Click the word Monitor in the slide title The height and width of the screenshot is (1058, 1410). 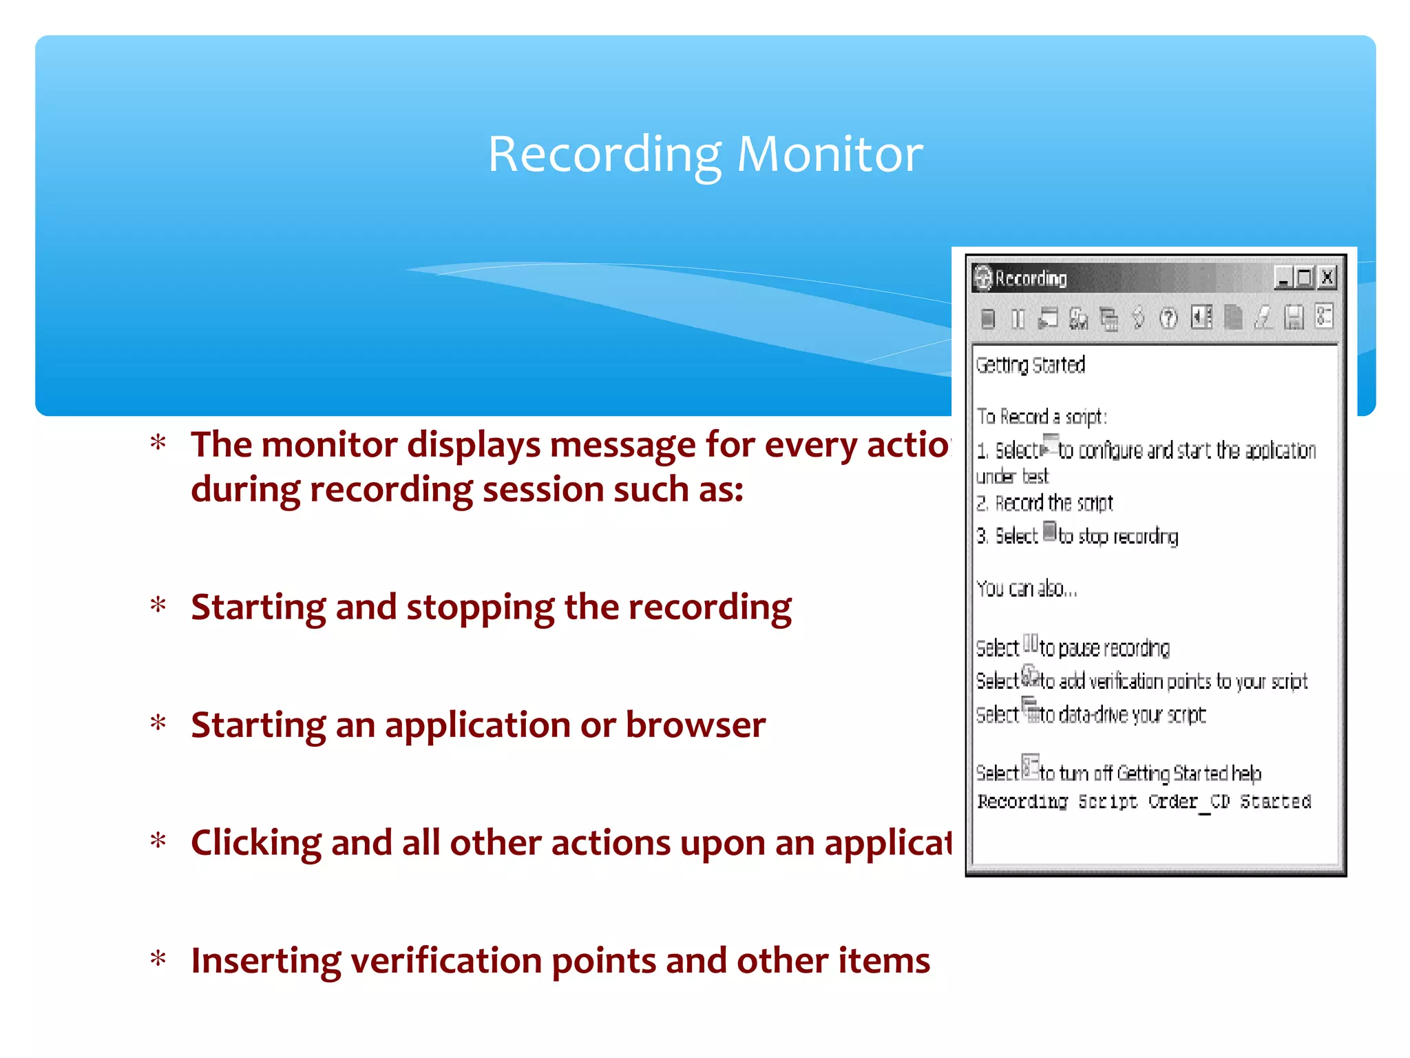pyautogui.click(x=830, y=154)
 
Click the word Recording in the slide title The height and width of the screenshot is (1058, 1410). pyautogui.click(x=604, y=155)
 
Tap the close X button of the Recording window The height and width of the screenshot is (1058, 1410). pyautogui.click(x=1327, y=278)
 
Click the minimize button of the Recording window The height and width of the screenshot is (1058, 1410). pyautogui.click(x=1283, y=278)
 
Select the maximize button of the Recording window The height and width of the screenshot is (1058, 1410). pyautogui.click(x=1305, y=278)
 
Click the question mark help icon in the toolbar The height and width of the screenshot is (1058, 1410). pyautogui.click(x=1168, y=318)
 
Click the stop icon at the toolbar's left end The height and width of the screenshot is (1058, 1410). pyautogui.click(x=988, y=319)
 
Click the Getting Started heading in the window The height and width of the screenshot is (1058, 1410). pyautogui.click(x=1030, y=364)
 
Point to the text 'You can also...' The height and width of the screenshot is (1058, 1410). pyautogui.click(x=1026, y=589)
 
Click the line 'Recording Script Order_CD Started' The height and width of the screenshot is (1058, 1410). pyautogui.click(x=1144, y=802)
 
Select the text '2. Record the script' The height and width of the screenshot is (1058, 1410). pyautogui.click(x=1044, y=504)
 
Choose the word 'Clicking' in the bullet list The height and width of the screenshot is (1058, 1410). pyautogui.click(x=255, y=843)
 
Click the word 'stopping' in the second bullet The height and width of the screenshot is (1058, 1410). pyautogui.click(x=480, y=608)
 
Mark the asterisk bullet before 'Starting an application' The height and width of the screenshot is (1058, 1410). pyautogui.click(x=158, y=723)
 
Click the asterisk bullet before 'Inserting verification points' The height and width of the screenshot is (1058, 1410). pyautogui.click(x=158, y=959)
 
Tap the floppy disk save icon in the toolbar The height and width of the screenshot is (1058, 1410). pyautogui.click(x=1294, y=318)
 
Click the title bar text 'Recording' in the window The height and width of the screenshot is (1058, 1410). pyautogui.click(x=1031, y=278)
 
